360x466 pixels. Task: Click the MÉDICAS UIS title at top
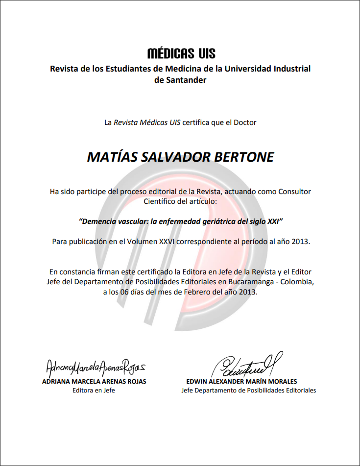(x=181, y=53)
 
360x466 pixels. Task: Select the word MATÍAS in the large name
(x=111, y=157)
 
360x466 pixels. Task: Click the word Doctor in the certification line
(x=245, y=123)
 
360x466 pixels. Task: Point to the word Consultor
(x=294, y=191)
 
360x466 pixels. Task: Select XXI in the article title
(x=274, y=221)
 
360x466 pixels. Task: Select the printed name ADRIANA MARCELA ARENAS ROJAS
(x=94, y=381)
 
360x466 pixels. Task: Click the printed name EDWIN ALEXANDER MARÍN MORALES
(x=241, y=381)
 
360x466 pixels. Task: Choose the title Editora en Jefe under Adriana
(x=94, y=391)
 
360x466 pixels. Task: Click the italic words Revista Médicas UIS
(x=147, y=123)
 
